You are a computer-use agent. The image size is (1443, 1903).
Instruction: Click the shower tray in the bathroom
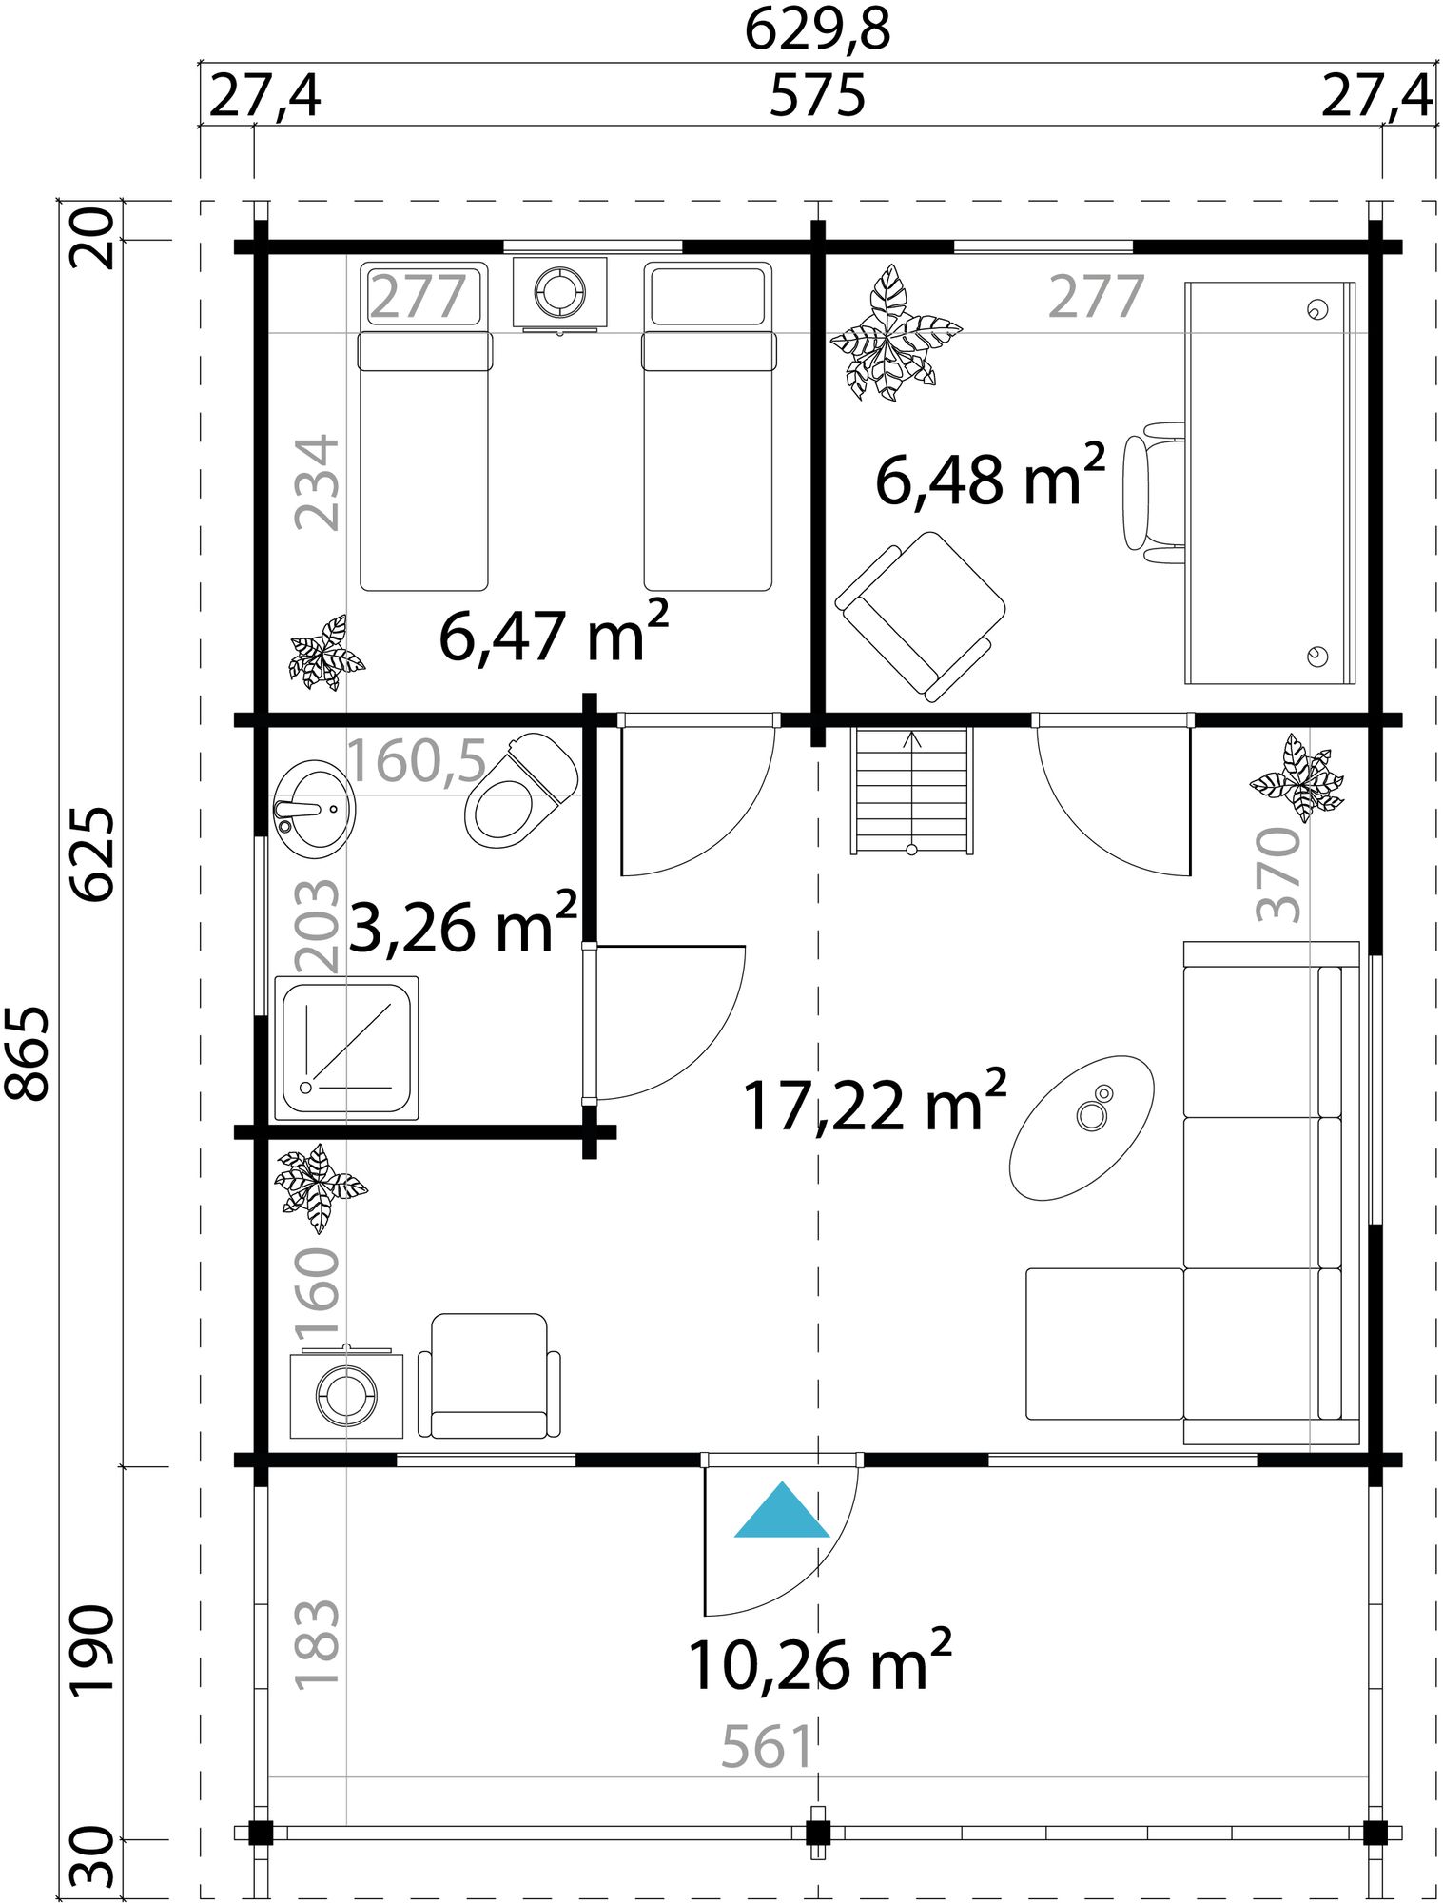coord(346,1047)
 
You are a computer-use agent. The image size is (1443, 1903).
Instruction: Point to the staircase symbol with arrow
coord(913,790)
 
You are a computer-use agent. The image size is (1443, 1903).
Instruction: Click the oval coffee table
coord(1082,1127)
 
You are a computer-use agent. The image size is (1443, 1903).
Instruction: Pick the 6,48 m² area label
coord(989,478)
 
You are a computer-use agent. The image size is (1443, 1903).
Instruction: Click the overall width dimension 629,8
coord(817,29)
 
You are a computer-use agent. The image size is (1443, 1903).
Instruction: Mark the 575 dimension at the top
coord(817,96)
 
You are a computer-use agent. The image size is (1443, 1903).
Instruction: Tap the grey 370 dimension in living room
coord(1279,874)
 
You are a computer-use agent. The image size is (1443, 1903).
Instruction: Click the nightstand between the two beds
coord(559,292)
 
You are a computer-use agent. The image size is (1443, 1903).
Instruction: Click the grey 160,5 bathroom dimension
coord(418,761)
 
